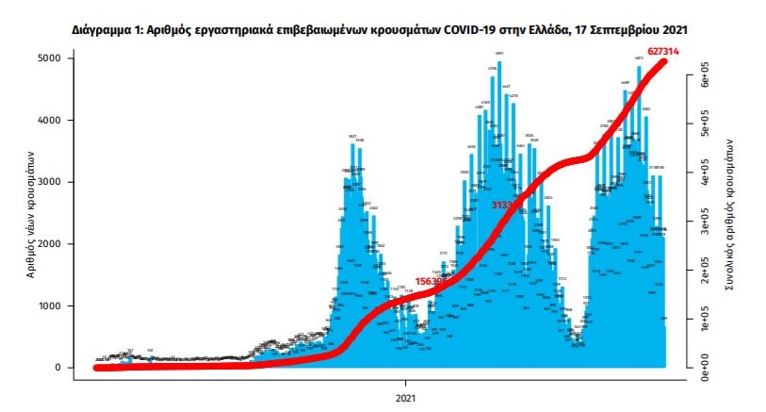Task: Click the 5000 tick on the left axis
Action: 48,58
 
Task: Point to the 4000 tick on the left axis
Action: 48,121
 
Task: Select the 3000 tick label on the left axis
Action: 48,182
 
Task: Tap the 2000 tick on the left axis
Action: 48,244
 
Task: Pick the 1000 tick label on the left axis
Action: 48,306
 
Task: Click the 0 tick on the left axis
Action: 57,368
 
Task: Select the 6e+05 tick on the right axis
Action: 704,79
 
